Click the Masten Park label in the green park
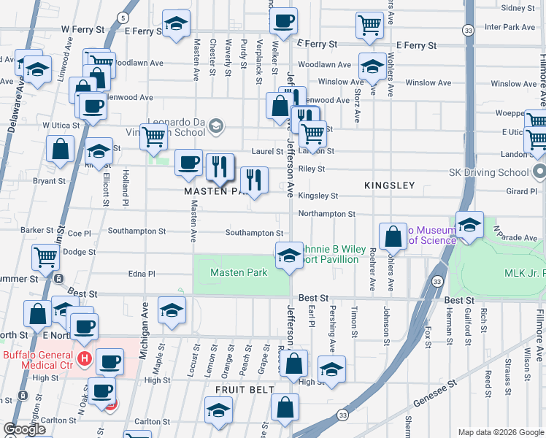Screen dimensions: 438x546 (239, 273)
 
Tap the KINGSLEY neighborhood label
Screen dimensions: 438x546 (389, 186)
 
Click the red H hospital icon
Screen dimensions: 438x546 (84, 359)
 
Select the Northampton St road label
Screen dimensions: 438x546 (326, 215)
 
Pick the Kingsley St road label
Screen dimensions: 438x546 (318, 196)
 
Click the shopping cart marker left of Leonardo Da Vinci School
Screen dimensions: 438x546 (153, 137)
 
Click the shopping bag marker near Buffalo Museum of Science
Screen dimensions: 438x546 (393, 237)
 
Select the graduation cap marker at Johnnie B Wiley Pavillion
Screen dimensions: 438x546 (290, 256)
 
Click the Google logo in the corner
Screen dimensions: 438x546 (25, 429)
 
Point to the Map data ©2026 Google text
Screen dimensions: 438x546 (501, 432)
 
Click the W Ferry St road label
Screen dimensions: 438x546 (80, 29)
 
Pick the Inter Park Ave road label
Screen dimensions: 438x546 (510, 27)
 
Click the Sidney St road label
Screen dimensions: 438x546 (518, 8)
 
